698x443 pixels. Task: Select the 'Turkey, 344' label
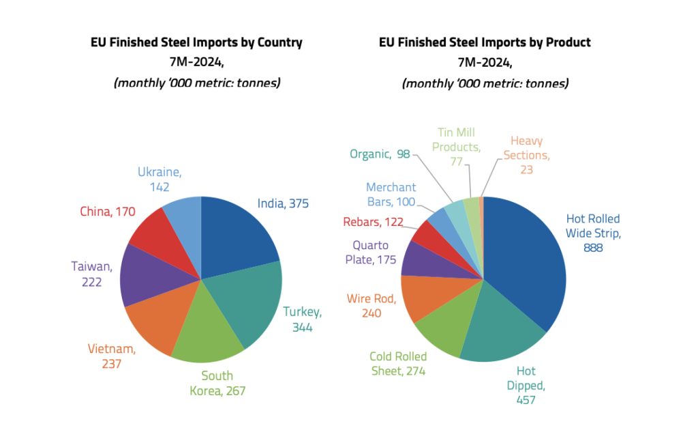pos(303,319)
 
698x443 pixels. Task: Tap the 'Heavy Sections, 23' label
pos(526,155)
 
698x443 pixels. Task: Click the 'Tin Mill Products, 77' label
pos(456,147)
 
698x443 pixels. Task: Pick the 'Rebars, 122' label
pos(373,222)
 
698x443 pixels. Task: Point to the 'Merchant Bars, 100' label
pos(391,195)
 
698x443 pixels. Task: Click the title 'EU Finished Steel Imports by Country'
pos(196,42)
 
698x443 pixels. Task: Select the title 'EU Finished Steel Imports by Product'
pos(485,42)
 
